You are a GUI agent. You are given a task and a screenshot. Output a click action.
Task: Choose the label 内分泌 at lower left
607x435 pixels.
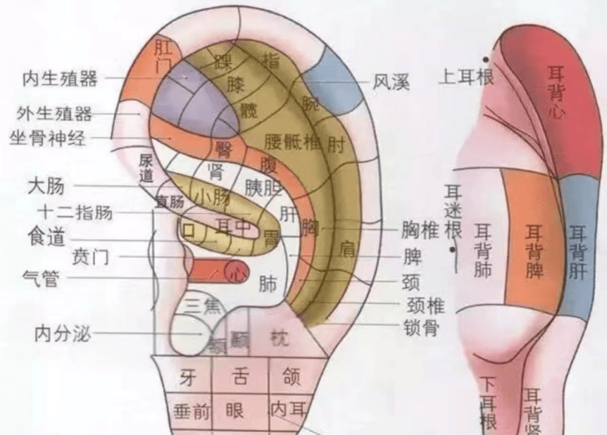[x=63, y=333]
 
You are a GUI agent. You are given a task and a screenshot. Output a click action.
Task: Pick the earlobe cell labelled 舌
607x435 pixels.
[x=240, y=377]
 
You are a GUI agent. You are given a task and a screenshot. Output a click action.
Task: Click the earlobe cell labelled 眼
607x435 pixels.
[x=235, y=410]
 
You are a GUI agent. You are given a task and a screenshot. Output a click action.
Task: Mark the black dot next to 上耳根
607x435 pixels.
[x=487, y=59]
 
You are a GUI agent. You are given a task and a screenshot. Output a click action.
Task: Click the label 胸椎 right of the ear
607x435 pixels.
[x=421, y=231]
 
